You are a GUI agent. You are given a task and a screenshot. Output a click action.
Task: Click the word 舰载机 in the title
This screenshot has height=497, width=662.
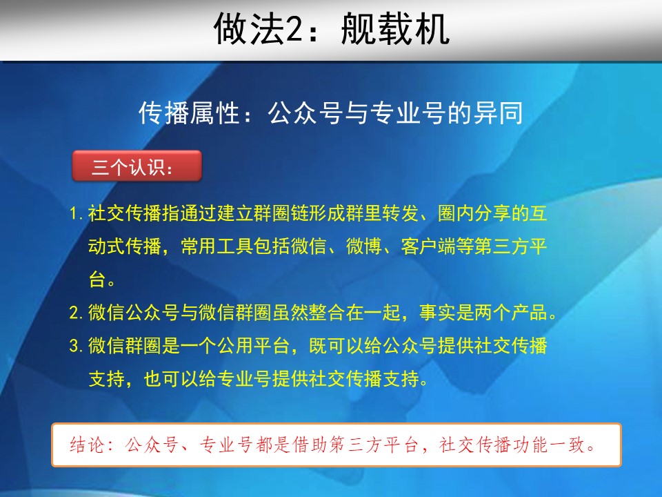click(x=394, y=29)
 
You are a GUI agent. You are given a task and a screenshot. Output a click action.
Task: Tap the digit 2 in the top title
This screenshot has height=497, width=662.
click(x=294, y=30)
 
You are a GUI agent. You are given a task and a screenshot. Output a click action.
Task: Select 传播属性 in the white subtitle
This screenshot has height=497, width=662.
click(x=190, y=113)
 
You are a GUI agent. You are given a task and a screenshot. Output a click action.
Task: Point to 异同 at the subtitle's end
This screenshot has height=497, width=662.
click(x=498, y=113)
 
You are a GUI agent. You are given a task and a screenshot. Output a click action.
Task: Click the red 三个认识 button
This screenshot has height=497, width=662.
click(x=137, y=166)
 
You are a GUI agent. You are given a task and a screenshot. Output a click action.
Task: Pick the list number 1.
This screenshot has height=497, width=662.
click(x=75, y=213)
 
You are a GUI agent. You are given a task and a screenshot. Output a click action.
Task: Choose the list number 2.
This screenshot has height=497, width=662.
click(x=76, y=313)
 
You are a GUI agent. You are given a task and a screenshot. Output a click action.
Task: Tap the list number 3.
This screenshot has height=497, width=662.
click(x=76, y=346)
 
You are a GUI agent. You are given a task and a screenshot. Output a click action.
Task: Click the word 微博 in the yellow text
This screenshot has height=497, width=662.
click(x=364, y=246)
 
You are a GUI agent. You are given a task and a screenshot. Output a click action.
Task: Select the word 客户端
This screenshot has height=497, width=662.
click(x=428, y=246)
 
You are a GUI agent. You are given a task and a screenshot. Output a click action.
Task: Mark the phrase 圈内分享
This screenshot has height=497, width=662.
click(x=474, y=213)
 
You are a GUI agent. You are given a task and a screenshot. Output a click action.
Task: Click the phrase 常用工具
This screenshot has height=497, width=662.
click(x=217, y=246)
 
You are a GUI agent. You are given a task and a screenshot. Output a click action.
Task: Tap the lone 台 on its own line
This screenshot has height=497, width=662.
click(x=97, y=280)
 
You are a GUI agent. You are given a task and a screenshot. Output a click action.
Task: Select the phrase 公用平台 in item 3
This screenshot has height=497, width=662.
click(x=253, y=346)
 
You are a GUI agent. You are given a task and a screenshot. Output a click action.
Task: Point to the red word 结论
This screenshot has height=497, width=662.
click(x=87, y=445)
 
